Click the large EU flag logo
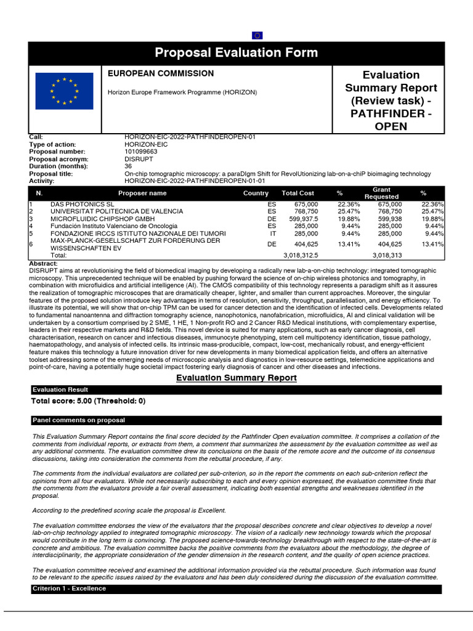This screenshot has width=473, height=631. [x=65, y=91]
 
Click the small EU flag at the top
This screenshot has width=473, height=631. [x=257, y=35]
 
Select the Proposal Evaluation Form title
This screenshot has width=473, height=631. [x=236, y=53]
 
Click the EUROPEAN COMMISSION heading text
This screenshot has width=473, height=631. [x=161, y=73]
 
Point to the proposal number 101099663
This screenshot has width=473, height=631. [x=140, y=152]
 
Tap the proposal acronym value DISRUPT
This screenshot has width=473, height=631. [x=139, y=159]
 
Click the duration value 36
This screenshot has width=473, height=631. [x=128, y=166]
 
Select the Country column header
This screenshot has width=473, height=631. [x=256, y=193]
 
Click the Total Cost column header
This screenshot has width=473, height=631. [x=297, y=193]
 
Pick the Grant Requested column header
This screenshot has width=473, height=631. [x=381, y=193]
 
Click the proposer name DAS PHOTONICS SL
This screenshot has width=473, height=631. [x=83, y=204]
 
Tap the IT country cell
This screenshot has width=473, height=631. [x=273, y=234]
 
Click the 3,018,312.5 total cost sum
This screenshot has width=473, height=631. [x=300, y=254]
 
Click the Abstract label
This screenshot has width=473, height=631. [x=43, y=263]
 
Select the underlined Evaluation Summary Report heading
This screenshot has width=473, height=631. [x=228, y=378]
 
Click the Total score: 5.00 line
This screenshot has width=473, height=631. [x=88, y=401]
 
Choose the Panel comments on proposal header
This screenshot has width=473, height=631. [x=78, y=420]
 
